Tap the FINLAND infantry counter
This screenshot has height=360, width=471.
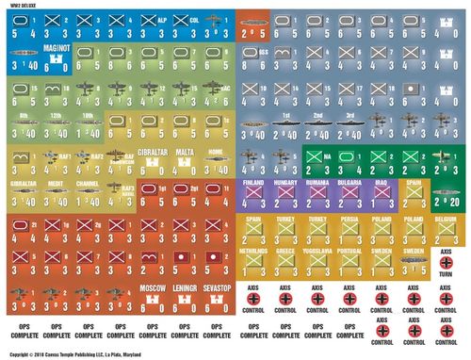coord(252,193)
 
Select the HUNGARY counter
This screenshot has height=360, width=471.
coord(284,193)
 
